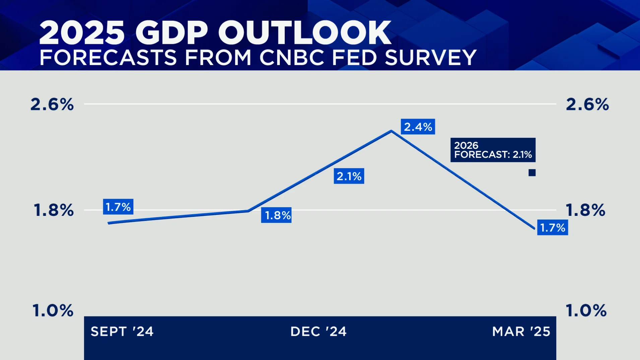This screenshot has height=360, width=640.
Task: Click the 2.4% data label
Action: click(x=418, y=127)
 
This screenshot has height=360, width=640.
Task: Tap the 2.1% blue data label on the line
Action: click(x=349, y=176)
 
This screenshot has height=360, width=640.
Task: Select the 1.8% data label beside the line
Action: click(x=276, y=215)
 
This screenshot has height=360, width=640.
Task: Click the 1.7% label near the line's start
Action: click(x=118, y=207)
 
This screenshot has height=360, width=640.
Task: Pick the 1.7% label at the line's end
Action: click(x=552, y=228)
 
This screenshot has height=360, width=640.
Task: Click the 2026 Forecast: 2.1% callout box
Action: click(x=493, y=150)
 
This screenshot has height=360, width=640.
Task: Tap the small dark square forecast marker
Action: click(x=532, y=173)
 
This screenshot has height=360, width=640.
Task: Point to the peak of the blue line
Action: click(x=391, y=131)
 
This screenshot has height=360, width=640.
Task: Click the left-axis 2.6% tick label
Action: click(x=52, y=105)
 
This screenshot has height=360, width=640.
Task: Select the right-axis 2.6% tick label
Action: click(x=587, y=105)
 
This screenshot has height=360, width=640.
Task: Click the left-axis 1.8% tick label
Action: click(x=54, y=211)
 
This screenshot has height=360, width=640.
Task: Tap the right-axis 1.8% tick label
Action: click(x=585, y=211)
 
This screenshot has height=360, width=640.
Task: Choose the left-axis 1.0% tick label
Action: click(x=53, y=310)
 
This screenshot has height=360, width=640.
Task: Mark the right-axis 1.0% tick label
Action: click(x=586, y=310)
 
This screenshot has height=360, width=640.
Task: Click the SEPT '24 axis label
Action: click(x=122, y=332)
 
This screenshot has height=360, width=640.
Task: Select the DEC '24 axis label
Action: click(x=318, y=332)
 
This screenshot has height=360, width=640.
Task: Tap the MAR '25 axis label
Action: click(x=521, y=332)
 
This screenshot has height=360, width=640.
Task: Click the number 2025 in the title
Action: click(x=82, y=33)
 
